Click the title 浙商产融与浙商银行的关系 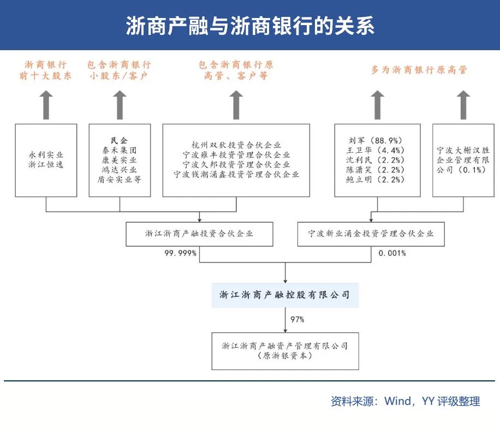pyautogui.click(x=250, y=26)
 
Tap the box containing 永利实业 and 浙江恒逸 pyautogui.click(x=46, y=160)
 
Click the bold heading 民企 pyautogui.click(x=119, y=140)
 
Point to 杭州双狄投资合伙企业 pyautogui.click(x=236, y=145)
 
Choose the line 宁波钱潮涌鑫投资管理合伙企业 pyautogui.click(x=236, y=175)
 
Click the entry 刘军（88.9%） pyautogui.click(x=377, y=140)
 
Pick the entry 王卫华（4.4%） pyautogui.click(x=377, y=150)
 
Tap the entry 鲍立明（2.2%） pyautogui.click(x=377, y=180)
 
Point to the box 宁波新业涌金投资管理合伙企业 pyautogui.click(x=371, y=234)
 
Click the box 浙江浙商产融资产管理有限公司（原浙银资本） pyautogui.click(x=284, y=350)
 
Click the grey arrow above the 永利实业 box pyautogui.click(x=46, y=105)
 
